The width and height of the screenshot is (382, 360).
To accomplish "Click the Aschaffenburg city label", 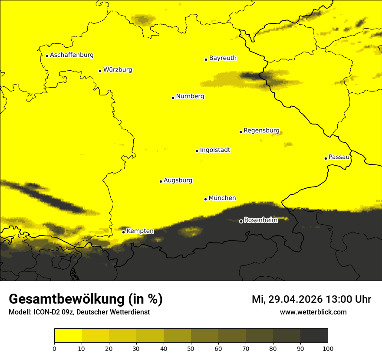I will click(72, 55).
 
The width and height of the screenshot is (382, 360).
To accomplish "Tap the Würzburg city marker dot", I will click(100, 71).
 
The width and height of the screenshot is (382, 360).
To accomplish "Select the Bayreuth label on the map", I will click(223, 58).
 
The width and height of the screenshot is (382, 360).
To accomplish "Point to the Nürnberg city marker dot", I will click(173, 98).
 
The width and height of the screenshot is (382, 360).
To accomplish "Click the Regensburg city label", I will click(261, 131).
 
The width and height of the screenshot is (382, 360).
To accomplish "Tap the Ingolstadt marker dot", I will click(197, 151).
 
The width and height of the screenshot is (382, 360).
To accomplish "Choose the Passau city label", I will click(339, 157).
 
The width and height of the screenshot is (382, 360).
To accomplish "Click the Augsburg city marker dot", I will click(161, 181).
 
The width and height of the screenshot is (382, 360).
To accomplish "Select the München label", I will click(222, 198).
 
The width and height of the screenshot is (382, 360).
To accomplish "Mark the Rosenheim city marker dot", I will click(241, 221).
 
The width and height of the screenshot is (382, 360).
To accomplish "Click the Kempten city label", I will click(140, 231).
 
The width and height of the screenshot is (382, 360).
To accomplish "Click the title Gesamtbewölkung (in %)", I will click(86, 299).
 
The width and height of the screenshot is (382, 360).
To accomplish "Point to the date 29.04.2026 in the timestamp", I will click(295, 299).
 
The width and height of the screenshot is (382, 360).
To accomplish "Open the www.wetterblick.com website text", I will click(313, 312).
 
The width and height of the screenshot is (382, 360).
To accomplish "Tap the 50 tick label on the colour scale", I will click(191, 348).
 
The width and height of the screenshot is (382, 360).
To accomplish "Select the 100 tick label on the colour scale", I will click(327, 348).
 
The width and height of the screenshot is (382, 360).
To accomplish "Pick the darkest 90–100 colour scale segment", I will click(314, 336).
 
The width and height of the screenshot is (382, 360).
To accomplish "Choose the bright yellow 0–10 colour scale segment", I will click(68, 336).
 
